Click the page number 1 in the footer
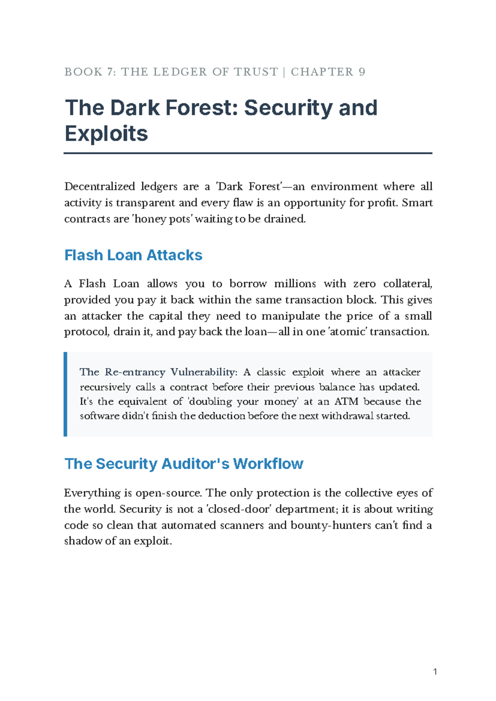pos(435,672)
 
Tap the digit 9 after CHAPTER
pos(362,72)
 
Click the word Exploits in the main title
pos(106,134)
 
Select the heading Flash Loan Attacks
pos(133,255)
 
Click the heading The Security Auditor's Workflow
pos(184,464)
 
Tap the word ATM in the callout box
pos(346,401)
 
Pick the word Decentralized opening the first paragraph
pos(100,186)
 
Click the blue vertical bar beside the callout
pos(65,394)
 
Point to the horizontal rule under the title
pos(248,153)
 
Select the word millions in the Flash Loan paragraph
pos(295,284)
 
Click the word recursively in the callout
pos(105,387)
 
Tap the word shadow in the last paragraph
pos(83,541)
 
